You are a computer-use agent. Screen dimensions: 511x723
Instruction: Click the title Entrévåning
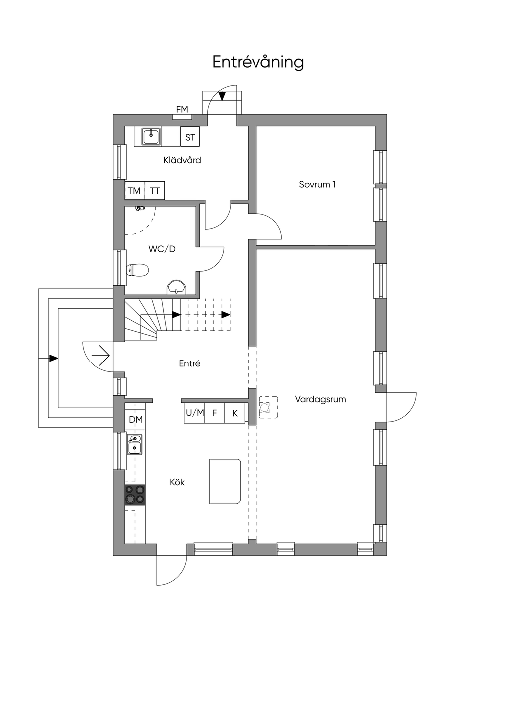pyautogui.click(x=258, y=62)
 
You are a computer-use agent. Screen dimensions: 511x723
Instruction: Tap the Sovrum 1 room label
pyautogui.click(x=317, y=184)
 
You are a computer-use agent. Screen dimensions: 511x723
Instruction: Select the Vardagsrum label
pyautogui.click(x=320, y=399)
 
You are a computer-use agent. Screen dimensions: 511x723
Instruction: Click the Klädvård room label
pyautogui.click(x=182, y=160)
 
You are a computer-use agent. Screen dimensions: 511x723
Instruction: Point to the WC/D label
pyautogui.click(x=162, y=249)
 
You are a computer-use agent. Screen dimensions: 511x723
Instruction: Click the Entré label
pyautogui.click(x=190, y=363)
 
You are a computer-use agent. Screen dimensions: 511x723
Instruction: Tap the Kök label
pyautogui.click(x=177, y=482)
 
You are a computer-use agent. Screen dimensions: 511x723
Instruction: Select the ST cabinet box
pyautogui.click(x=190, y=137)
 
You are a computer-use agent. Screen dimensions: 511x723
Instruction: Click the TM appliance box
pyautogui.click(x=134, y=191)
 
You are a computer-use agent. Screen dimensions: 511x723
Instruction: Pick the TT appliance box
pyautogui.click(x=155, y=191)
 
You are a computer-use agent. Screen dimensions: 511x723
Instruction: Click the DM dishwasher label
pyautogui.click(x=136, y=420)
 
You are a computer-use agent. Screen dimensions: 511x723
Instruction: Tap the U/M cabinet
pyautogui.click(x=195, y=413)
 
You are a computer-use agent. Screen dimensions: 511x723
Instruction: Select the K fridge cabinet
pyautogui.click(x=235, y=413)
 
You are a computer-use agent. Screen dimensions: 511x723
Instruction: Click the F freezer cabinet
pyautogui.click(x=215, y=413)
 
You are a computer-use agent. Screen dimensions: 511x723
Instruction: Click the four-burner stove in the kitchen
pyautogui.click(x=135, y=495)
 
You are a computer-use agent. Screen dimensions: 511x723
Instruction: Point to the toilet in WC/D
pyautogui.click(x=138, y=270)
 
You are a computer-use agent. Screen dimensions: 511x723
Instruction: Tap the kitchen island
pyautogui.click(x=225, y=481)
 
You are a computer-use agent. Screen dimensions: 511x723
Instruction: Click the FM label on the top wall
pyautogui.click(x=182, y=109)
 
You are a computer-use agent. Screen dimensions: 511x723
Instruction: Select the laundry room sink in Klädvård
pyautogui.click(x=150, y=136)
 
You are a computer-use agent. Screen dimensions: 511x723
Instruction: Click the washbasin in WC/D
pyautogui.click(x=176, y=287)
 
